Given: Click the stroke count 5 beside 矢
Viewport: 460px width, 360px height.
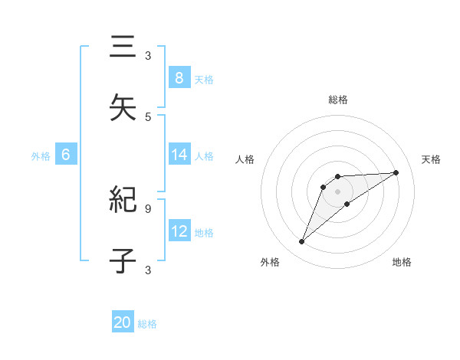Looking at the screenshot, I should point(148,116).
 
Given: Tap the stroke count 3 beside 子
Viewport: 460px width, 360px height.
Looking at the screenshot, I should point(148,270).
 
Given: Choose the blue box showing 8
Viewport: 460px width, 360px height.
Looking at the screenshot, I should point(179,77).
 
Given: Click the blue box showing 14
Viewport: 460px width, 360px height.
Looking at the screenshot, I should point(179,155).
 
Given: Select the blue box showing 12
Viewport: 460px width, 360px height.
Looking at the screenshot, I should point(179,231).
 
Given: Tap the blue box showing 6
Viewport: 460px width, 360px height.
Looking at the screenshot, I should point(66,155).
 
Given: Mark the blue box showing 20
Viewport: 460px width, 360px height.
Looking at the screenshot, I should point(123,322).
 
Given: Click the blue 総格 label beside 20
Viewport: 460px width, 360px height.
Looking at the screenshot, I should point(147,324).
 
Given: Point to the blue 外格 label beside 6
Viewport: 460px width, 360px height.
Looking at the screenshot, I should point(41,156).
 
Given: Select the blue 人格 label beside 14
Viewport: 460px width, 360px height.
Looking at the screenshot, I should point(204,156).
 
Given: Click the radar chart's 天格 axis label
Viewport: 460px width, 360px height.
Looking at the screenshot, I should point(432,159).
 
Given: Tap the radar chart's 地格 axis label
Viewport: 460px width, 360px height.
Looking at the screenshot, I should point(402,262).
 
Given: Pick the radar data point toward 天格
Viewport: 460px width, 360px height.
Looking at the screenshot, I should point(396,172).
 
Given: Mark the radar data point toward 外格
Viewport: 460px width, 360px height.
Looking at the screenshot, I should point(301,242).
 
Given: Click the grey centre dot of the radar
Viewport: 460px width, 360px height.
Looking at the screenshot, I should point(337,191).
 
